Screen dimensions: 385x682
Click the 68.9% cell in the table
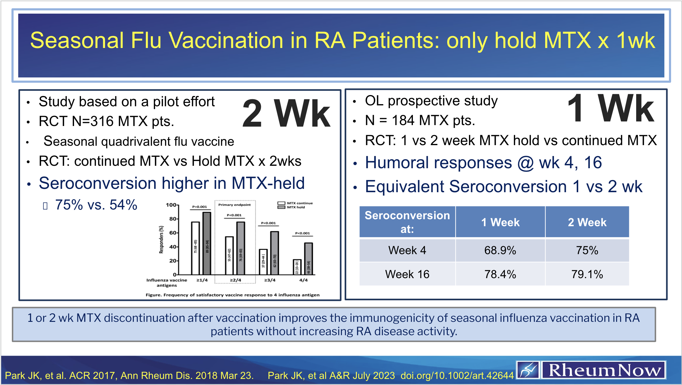500,250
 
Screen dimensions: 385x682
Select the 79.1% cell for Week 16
587,274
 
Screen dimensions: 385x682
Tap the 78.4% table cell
500,274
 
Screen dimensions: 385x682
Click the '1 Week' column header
500,222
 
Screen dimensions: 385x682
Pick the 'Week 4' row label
407,250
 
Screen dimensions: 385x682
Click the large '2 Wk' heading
286,114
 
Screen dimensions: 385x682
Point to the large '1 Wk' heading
610,108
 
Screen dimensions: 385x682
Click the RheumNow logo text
604,370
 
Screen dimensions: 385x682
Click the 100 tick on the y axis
171,205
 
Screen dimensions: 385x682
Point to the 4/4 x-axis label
303,280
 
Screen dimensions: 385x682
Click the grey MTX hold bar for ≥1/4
207,243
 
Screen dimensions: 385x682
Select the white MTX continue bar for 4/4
297,267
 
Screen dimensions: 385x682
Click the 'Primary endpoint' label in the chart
235,205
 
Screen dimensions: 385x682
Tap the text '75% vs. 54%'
96,205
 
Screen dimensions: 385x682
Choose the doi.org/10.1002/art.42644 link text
457,376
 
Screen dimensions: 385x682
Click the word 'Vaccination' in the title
226,40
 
